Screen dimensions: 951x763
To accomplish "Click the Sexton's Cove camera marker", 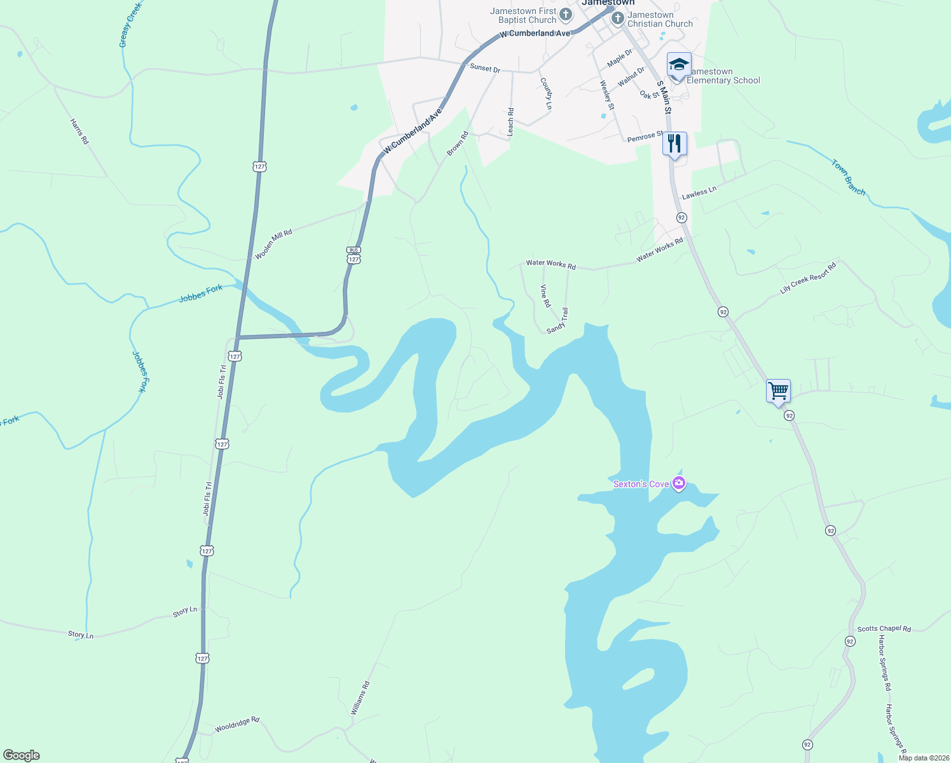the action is (x=679, y=485).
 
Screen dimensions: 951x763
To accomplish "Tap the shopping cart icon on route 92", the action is (x=778, y=390).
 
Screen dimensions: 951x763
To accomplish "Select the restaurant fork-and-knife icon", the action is (x=674, y=144).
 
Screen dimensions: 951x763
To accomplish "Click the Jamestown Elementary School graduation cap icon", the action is (x=678, y=65).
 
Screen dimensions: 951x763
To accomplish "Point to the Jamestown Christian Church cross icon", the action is (x=617, y=19).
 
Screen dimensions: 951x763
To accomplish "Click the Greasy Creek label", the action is (x=130, y=24).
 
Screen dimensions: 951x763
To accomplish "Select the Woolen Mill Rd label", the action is (x=273, y=244).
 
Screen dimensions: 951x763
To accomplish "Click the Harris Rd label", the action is (x=79, y=131).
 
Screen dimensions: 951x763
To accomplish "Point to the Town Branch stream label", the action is (x=848, y=177).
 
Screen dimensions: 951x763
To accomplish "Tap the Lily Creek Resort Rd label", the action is (x=808, y=278).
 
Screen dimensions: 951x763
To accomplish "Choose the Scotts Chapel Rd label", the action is (x=884, y=628).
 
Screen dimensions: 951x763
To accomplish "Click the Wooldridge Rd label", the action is (x=237, y=724).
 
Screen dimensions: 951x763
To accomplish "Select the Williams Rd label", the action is (x=360, y=698).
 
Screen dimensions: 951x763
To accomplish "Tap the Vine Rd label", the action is (x=545, y=296).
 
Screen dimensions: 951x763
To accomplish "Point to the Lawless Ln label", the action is (x=699, y=193).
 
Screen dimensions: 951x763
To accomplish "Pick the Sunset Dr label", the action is (x=485, y=68).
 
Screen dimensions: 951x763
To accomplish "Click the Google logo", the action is (x=22, y=755).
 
